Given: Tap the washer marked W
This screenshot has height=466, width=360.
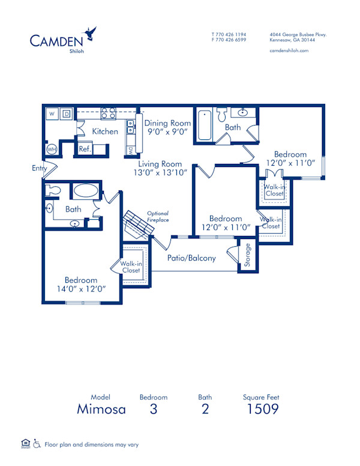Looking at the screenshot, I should point(52,113).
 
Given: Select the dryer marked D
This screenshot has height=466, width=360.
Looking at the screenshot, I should point(66,113).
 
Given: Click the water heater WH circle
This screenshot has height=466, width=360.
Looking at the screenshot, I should point(52,149).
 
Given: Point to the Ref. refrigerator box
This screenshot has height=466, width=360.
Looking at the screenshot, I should point(85,148).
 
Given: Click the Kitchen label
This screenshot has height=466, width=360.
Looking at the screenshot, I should point(105,132).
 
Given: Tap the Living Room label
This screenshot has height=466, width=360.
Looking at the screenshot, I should point(160,163).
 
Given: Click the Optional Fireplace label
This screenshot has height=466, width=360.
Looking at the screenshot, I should point(158,216).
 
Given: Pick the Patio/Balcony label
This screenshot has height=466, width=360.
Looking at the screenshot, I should point(191,258).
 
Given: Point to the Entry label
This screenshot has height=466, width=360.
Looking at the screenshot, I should point(39,169).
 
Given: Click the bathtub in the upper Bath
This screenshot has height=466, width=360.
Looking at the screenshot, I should point(204,124).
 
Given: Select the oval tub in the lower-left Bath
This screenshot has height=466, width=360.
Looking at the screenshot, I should point(87,192).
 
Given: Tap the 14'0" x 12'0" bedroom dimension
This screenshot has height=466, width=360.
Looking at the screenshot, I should point(81,288).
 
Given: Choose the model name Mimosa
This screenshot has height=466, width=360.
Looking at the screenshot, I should point(101,410).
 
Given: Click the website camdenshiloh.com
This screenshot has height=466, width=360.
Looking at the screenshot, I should point(289,51).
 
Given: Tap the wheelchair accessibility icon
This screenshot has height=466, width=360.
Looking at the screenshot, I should point(36,444).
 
